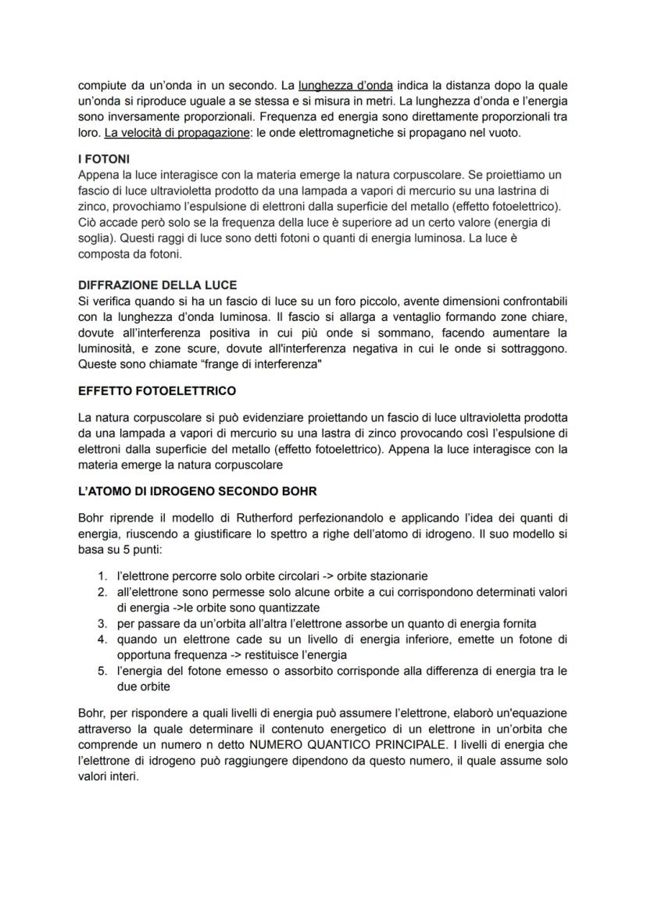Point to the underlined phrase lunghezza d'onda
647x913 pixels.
click(x=345, y=84)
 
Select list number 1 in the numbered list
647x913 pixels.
click(x=102, y=575)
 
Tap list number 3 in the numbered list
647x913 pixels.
click(x=102, y=622)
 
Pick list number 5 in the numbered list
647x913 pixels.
click(x=102, y=670)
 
